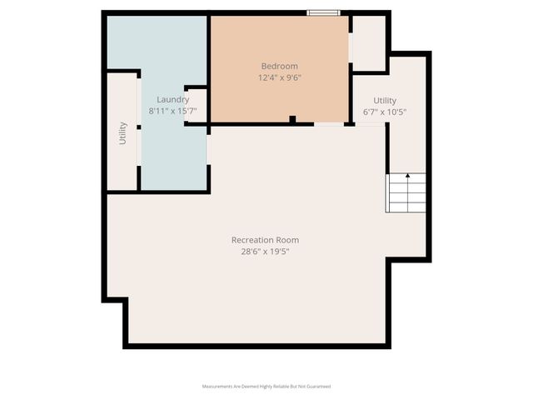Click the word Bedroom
point(279,67)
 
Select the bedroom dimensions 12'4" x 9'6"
point(279,77)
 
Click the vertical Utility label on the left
point(122,133)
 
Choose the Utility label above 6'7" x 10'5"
point(385,100)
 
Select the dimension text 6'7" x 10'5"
point(385,111)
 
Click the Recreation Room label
point(265,240)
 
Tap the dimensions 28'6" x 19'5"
point(265,251)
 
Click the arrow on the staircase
point(407,177)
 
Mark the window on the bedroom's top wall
point(323,12)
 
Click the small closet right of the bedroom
point(369,42)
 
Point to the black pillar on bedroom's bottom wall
point(292,120)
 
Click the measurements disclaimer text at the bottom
point(266,387)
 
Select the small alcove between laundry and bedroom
point(197,104)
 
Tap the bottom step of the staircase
point(406,208)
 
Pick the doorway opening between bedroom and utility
point(329,124)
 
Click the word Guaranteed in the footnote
point(317,387)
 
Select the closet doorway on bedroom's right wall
point(351,50)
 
